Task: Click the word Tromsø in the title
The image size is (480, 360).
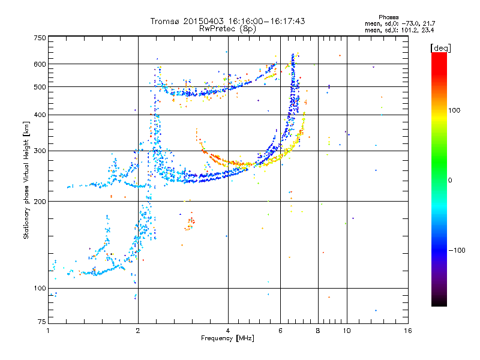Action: click(x=166, y=21)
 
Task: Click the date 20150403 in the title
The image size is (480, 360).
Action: click(x=203, y=21)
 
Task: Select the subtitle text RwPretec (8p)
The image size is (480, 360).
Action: click(x=227, y=29)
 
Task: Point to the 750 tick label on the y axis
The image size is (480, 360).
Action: click(x=40, y=38)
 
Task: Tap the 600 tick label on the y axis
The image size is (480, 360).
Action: click(x=40, y=64)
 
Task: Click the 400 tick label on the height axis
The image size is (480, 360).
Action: click(x=40, y=115)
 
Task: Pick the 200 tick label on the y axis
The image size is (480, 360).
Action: click(x=40, y=202)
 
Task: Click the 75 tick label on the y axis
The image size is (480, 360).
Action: click(x=42, y=322)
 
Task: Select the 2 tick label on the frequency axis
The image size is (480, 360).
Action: click(x=138, y=331)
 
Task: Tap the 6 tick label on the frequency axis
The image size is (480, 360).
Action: click(x=280, y=331)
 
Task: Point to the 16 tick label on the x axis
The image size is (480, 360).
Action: click(x=408, y=331)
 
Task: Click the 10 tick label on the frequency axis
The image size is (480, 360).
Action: click(x=347, y=331)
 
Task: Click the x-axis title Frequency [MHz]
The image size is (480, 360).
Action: click(x=227, y=338)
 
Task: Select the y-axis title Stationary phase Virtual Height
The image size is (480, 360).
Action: click(x=26, y=189)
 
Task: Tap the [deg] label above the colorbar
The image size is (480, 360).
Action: click(x=440, y=48)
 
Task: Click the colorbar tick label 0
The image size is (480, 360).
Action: click(x=449, y=181)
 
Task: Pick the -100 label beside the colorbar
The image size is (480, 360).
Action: click(x=457, y=250)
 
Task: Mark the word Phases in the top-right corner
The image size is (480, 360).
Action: click(x=388, y=17)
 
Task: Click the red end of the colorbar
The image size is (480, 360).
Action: click(x=439, y=55)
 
